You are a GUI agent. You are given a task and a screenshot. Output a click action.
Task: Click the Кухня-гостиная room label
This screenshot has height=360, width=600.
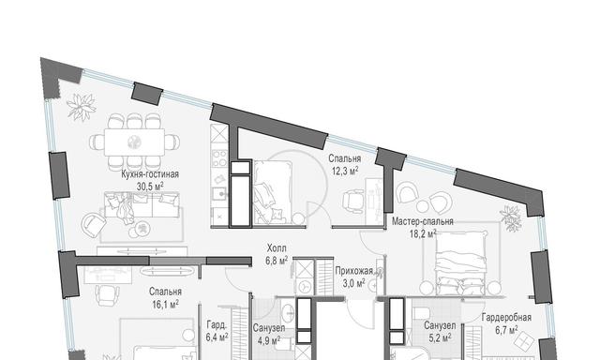point(150,174)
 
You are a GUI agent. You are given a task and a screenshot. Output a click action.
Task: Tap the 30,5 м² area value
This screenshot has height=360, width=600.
point(150,186)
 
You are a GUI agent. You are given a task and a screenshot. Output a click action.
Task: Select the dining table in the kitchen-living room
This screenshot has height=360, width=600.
point(135,142)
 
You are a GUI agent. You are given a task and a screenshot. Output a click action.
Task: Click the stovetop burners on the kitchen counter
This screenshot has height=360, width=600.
point(220,158)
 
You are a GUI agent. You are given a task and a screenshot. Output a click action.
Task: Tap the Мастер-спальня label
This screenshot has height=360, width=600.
point(423,221)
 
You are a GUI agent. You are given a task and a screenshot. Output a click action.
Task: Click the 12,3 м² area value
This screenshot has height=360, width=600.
point(345,171)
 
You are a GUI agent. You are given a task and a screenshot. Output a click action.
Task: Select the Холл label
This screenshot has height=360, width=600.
point(277,248)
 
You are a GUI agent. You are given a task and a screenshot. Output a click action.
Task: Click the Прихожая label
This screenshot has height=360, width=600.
point(354,271)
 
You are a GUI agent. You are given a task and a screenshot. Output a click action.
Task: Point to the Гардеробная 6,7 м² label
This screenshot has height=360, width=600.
point(506,323)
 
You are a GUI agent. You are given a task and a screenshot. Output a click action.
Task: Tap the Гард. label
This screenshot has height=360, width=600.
point(217,325)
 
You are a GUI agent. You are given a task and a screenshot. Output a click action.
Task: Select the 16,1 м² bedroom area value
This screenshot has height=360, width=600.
point(165,305)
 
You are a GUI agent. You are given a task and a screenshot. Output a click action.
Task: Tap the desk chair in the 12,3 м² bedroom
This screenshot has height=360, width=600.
point(353,201)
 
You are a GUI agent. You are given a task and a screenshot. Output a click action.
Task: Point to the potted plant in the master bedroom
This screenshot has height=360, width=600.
point(511,218)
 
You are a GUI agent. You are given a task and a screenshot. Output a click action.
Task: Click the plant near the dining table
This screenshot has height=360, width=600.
point(82,106)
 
